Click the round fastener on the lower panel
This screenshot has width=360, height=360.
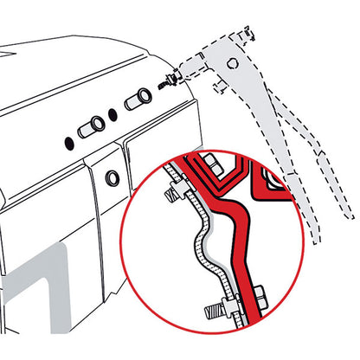112,180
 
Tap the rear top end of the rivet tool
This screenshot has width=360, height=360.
251,35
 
